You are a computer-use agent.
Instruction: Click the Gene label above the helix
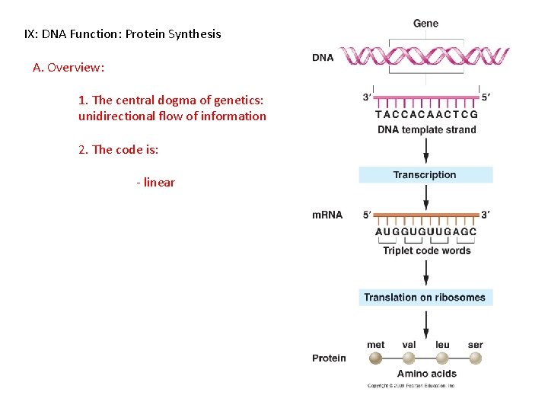(x=425, y=24)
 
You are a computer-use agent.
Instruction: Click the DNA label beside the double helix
(x=323, y=58)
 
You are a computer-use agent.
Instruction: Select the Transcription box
(x=425, y=175)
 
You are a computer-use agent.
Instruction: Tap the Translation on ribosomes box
(x=425, y=298)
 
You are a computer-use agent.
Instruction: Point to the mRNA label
(x=327, y=215)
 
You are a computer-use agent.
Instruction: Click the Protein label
(x=329, y=358)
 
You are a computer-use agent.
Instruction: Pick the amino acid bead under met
(x=376, y=358)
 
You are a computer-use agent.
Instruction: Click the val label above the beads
(x=409, y=345)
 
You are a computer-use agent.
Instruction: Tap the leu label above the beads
(x=442, y=345)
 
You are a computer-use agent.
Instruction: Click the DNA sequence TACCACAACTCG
(x=426, y=115)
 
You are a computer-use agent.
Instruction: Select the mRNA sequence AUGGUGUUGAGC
(x=425, y=232)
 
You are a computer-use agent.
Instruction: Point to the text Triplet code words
(x=426, y=250)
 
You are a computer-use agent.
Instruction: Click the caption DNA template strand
(x=426, y=130)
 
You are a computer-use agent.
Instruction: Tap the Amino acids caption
(x=426, y=374)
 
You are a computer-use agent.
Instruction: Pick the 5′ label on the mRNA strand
(x=368, y=215)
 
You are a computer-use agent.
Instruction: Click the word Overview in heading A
(x=75, y=67)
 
